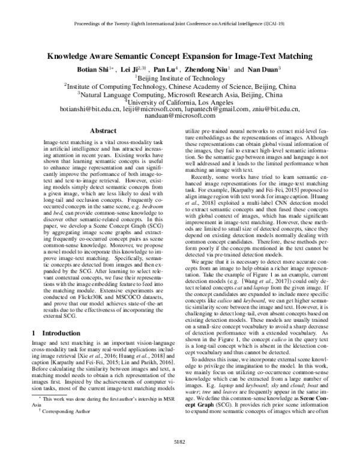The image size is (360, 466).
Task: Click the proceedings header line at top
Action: (180, 27)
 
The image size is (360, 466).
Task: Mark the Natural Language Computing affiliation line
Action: (180, 94)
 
